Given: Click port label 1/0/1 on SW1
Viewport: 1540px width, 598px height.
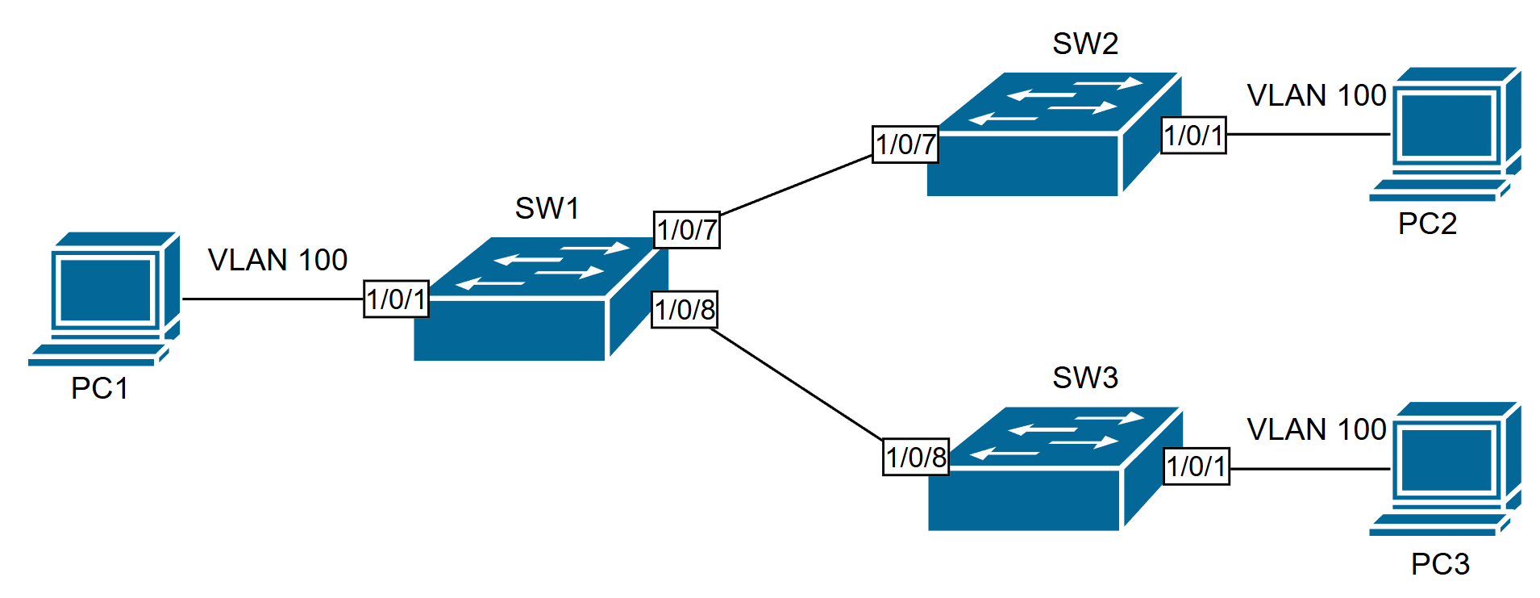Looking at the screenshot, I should (396, 299).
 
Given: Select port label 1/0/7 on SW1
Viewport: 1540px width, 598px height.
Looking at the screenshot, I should (686, 230).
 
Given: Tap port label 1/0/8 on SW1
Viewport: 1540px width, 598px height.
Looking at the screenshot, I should (685, 309).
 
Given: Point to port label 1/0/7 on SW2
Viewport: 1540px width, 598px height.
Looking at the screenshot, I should (905, 144).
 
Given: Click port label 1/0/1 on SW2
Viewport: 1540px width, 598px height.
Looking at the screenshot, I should (1193, 135).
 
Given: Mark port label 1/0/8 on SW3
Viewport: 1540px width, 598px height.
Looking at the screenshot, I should (916, 457).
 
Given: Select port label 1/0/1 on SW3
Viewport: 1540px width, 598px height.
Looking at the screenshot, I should (1197, 466).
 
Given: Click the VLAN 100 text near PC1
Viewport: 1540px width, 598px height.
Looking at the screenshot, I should (277, 260).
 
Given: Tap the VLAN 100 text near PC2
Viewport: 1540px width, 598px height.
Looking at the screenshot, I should (1316, 95).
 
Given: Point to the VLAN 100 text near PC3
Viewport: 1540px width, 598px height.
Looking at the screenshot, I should (1316, 429).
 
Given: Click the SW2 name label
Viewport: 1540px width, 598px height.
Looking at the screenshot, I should (1085, 44).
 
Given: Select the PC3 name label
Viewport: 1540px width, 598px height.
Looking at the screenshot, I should (1440, 563).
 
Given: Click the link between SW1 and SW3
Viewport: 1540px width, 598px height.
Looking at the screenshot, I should (798, 383).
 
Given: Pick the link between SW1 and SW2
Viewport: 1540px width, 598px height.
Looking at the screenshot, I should (796, 185).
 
